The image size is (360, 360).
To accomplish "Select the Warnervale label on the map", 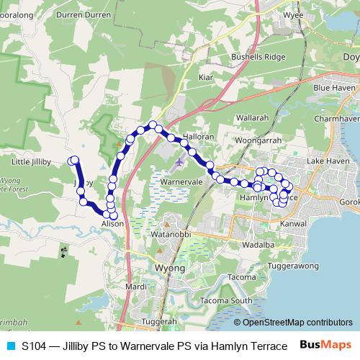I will tap(181, 183).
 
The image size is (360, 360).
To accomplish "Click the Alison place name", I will tap(112, 225).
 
